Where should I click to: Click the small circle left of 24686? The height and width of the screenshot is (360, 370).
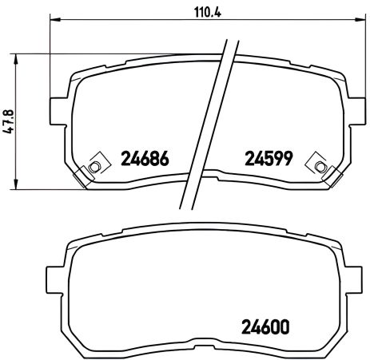coord(93,166)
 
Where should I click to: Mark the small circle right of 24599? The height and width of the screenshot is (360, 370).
coord(320,166)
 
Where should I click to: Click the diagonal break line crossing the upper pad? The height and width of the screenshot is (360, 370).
coord(209,120)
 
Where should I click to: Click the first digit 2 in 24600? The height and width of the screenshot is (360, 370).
coord(246,326)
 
